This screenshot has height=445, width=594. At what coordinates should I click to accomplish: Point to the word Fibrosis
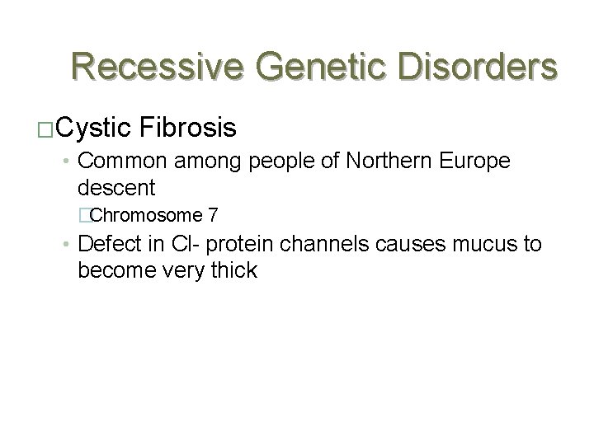tap(190, 128)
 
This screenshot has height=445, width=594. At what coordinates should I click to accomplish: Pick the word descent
tap(115, 188)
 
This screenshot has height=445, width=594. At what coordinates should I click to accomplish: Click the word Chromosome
tap(146, 216)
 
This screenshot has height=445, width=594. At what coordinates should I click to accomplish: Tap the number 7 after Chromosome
tap(214, 216)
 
